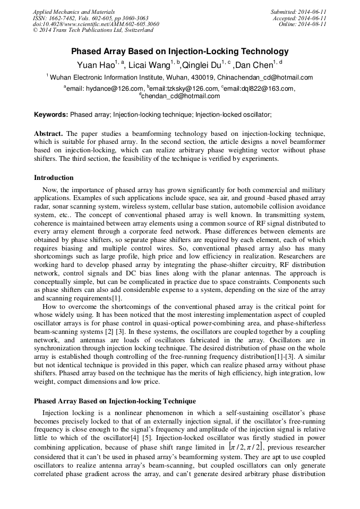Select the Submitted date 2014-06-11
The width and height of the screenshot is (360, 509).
(x=299, y=11)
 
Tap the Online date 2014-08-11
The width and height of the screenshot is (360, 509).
(x=302, y=24)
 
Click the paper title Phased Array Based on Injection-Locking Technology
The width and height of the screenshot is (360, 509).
(x=180, y=51)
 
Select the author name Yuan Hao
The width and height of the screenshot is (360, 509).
(x=92, y=65)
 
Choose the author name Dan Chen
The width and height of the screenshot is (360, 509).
(x=253, y=65)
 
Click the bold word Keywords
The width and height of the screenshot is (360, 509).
(x=51, y=114)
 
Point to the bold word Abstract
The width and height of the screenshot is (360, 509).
(x=48, y=133)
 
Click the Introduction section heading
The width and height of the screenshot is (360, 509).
(x=54, y=178)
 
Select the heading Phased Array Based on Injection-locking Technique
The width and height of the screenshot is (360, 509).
(x=115, y=401)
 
